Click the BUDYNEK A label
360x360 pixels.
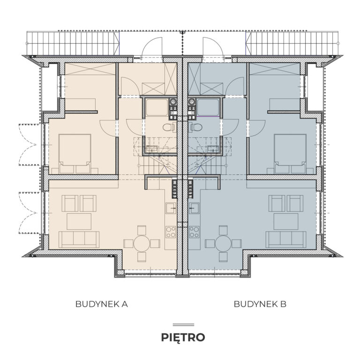(x=101, y=304)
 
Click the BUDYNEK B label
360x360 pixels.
(x=260, y=304)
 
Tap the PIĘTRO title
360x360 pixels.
(x=183, y=337)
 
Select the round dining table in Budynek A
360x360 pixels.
(x=142, y=244)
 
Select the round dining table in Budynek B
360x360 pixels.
(x=223, y=244)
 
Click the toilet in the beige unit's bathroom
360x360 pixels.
(x=169, y=127)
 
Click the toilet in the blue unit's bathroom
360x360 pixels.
(x=195, y=127)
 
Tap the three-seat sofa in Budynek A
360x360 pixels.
(x=79, y=240)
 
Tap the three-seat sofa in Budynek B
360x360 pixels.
(x=286, y=240)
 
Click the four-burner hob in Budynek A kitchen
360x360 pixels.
(x=171, y=232)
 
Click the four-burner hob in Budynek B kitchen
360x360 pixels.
(x=194, y=232)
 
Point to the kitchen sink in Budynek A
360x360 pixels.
(x=171, y=208)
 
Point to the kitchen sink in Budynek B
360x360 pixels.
(x=194, y=208)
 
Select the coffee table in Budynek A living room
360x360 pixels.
(x=79, y=221)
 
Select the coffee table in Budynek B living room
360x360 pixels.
(x=286, y=221)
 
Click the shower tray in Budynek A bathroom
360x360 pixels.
(x=157, y=107)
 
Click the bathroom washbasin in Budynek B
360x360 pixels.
(x=213, y=149)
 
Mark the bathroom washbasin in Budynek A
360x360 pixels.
(x=152, y=149)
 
